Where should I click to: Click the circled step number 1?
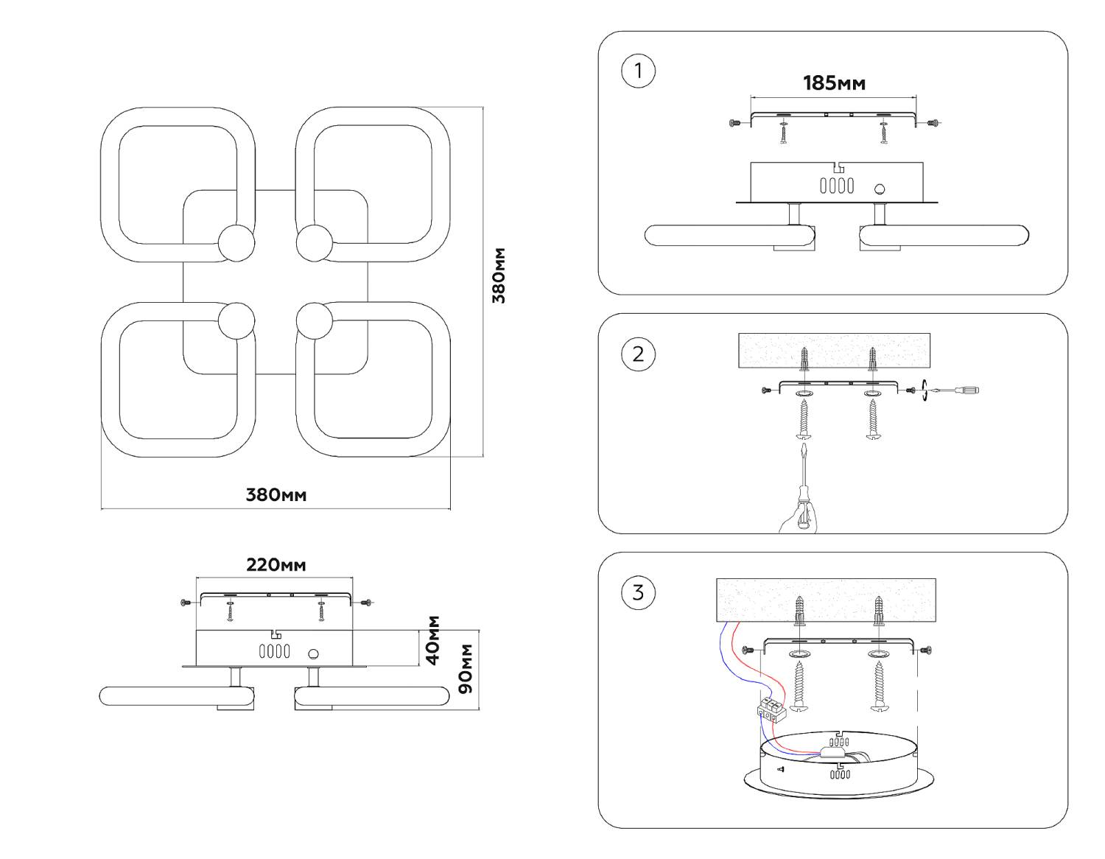pos(638,71)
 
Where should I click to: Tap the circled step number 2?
pos(638,354)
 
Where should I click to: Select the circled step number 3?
pos(638,592)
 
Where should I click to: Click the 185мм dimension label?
pos(834,83)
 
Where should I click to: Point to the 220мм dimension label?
pos(276,565)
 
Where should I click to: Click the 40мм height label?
pos(433,639)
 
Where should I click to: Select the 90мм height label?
pos(466,668)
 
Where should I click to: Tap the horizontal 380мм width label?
pos(276,494)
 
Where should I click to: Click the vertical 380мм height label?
pos(499,276)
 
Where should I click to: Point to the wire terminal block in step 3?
pos(771,709)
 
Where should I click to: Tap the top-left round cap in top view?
pos(236,242)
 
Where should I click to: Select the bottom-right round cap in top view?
pos(315,321)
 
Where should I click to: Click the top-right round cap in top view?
pos(315,242)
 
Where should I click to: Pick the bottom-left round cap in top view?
pos(236,321)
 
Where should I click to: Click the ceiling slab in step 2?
pos(834,350)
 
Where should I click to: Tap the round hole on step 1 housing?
pos(879,189)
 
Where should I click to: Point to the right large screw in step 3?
pos(879,685)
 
